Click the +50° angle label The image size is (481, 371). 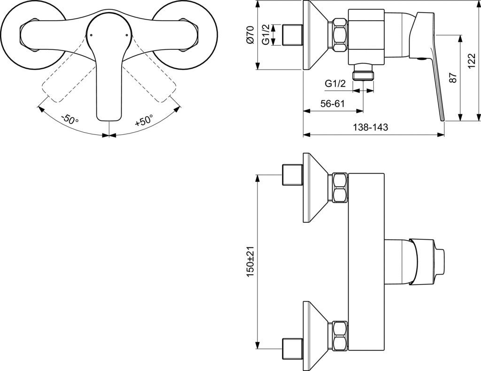[x=144, y=120]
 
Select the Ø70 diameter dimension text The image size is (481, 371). [x=250, y=35]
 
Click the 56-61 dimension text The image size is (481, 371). [x=333, y=104]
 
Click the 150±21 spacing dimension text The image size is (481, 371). [x=250, y=261]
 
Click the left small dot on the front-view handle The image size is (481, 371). [x=91, y=35]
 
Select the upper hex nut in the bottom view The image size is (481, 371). [x=340, y=187]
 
